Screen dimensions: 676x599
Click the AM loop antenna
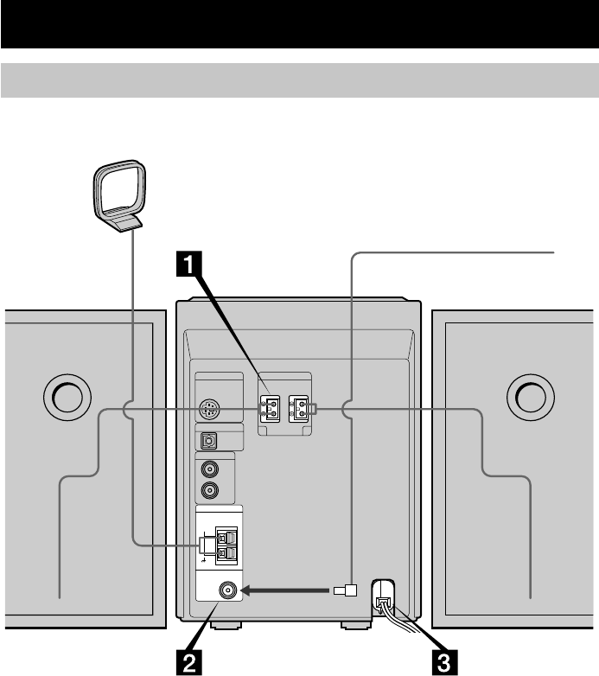118,195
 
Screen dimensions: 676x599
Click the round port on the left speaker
66,397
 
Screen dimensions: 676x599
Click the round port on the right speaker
531,397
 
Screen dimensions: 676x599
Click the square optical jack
209,440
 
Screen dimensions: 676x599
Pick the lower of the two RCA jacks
209,491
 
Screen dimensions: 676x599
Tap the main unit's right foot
354,623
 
